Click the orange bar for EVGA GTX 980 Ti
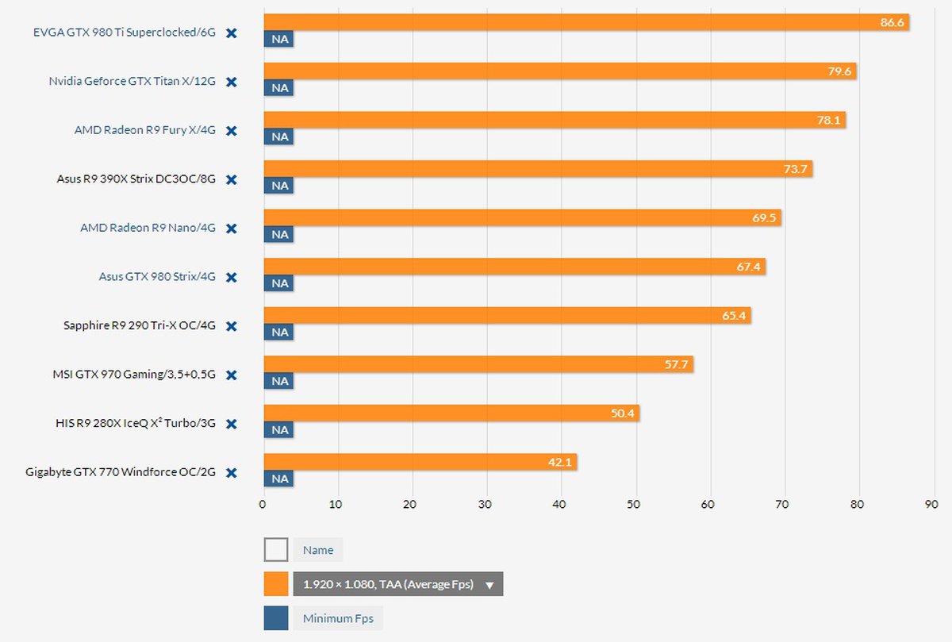point(555,22)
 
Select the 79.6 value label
point(839,71)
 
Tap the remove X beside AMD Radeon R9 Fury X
point(232,131)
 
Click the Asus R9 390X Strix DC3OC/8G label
point(136,179)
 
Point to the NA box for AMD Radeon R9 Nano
point(279,235)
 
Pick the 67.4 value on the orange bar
point(748,267)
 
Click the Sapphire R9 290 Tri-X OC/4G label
point(139,325)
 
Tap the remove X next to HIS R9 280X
point(232,424)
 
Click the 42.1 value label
point(559,462)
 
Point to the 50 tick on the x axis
point(634,504)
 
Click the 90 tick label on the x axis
point(931,504)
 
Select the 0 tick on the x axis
point(263,504)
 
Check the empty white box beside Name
point(276,550)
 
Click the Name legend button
point(318,550)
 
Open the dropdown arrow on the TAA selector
point(489,585)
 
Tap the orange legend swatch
point(276,584)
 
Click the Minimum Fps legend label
point(338,618)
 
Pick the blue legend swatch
point(276,618)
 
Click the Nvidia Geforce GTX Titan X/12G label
point(132,82)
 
